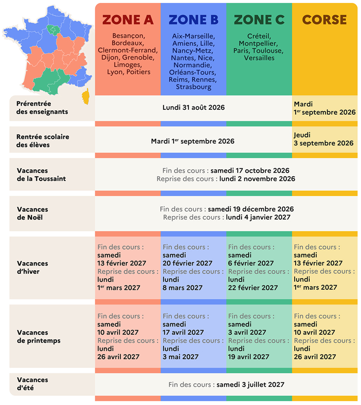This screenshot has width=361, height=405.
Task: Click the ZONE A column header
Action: click(128, 20)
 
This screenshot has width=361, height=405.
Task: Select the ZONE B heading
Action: click(193, 20)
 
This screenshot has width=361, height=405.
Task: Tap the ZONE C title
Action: click(259, 20)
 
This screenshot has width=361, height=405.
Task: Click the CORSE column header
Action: click(324, 20)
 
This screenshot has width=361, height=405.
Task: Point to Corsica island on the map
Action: click(86, 97)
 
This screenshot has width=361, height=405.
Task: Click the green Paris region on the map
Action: click(54, 30)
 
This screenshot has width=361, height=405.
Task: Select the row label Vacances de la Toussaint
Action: click(41, 175)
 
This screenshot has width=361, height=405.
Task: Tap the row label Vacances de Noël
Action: click(33, 213)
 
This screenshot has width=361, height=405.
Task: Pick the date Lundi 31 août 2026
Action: click(193, 107)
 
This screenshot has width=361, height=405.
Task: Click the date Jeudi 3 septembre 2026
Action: click(323, 139)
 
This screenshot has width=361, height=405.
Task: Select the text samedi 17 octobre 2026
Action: click(250, 170)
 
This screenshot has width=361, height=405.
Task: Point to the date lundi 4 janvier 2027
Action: click(258, 217)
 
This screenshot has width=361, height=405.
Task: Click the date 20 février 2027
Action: click(187, 263)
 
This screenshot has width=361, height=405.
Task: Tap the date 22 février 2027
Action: click(253, 288)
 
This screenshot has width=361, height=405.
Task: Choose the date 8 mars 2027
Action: click(182, 288)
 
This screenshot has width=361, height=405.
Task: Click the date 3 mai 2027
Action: click(180, 357)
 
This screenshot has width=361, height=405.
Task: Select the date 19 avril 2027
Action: click(248, 357)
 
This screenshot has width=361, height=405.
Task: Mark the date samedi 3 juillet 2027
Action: click(250, 385)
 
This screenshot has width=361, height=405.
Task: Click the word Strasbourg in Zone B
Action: click(193, 87)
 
